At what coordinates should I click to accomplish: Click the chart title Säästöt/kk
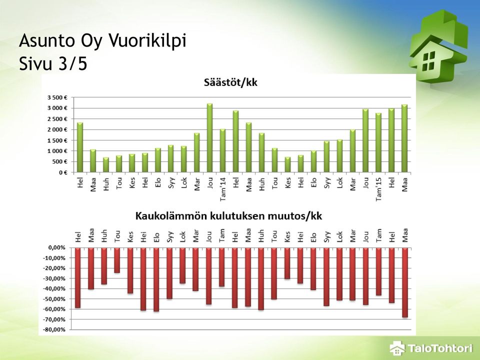coord(230,82)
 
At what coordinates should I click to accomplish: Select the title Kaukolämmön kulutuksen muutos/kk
coord(228,216)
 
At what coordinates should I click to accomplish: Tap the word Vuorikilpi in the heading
coord(147,41)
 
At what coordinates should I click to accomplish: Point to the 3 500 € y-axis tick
coord(57,97)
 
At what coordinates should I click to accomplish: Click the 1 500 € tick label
coord(57,140)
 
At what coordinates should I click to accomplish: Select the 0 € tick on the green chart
coord(63,172)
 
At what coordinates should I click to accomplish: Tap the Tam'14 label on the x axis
coord(222,189)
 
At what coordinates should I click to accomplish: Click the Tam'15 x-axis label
coord(378,189)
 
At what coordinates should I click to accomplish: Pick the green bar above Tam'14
coord(222,150)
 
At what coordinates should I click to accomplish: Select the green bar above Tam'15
coord(378,142)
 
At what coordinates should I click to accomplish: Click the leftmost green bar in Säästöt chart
coord(80,147)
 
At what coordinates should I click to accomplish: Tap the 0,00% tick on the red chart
coord(57,247)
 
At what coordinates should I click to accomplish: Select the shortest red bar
coord(117,260)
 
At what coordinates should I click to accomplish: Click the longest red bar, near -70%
coord(405,282)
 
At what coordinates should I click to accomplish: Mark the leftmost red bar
coord(78,277)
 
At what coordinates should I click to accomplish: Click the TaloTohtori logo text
coord(440,348)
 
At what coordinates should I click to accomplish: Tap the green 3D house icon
coord(438,46)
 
